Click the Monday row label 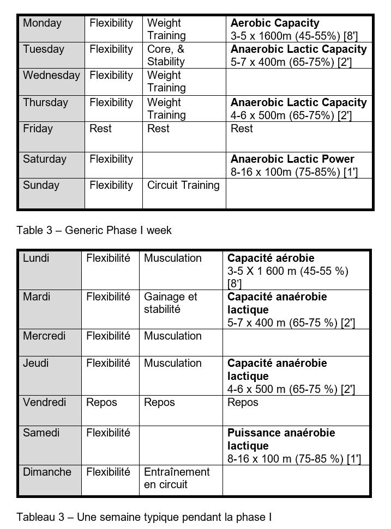[42, 23]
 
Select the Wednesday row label [51, 76]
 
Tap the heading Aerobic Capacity [275, 23]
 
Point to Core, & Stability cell [166, 55]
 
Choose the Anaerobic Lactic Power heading [292, 159]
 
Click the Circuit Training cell [183, 186]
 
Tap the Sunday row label [41, 186]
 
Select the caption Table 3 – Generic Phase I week [94, 230]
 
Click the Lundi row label [36, 259]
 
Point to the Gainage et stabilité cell [171, 303]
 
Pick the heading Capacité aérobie [271, 259]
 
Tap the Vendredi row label [45, 403]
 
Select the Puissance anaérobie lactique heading [281, 439]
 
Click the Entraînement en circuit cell [177, 478]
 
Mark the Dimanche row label [47, 472]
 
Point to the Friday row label [38, 129]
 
